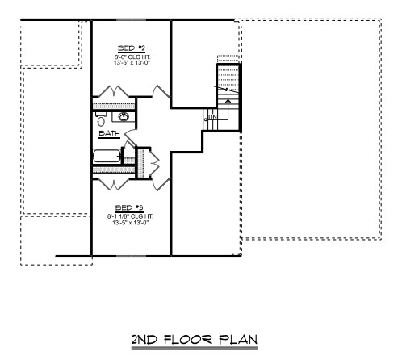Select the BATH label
(109, 134)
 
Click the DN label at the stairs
(213, 119)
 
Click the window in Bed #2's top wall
(129, 19)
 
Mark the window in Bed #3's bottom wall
(129, 256)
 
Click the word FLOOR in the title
(186, 340)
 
